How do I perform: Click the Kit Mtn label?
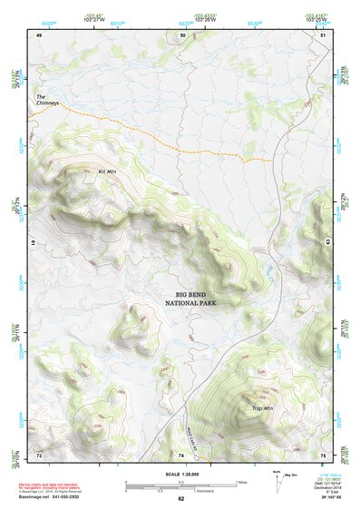(107, 170)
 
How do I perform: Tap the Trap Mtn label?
(262, 408)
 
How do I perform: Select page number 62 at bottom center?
(181, 499)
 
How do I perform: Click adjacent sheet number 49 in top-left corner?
(40, 34)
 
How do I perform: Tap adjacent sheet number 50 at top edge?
(182, 34)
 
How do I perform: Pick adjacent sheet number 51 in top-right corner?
(324, 34)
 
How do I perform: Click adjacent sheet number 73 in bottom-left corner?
(40, 453)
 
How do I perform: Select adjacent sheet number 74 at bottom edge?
(181, 453)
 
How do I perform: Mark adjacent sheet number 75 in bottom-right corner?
(324, 453)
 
